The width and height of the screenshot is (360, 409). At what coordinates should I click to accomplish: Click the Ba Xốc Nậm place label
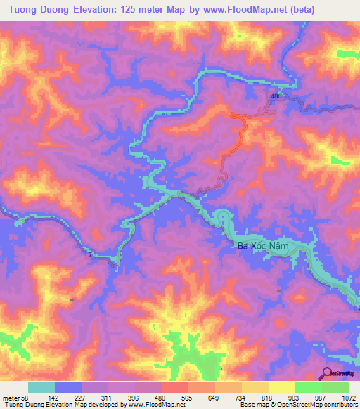click(262, 246)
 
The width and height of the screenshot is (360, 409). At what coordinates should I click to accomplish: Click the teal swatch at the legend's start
click(41, 387)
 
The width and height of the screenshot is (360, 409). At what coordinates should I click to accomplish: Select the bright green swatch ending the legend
click(335, 387)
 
